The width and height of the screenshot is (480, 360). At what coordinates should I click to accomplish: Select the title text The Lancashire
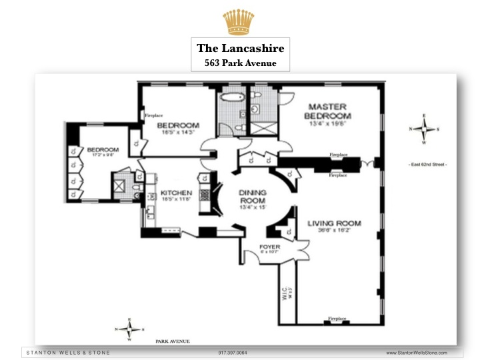pos(241,49)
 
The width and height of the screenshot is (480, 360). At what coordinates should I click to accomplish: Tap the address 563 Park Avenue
pos(241,63)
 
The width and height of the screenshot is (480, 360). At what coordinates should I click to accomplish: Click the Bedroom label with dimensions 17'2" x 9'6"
pos(103,150)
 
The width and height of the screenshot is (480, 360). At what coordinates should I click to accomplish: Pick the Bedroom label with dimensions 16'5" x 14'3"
pos(178,126)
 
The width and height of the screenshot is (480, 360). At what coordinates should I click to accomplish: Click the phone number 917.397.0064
pos(232,352)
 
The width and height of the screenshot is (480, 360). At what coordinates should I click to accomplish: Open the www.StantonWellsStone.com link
pos(417,352)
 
